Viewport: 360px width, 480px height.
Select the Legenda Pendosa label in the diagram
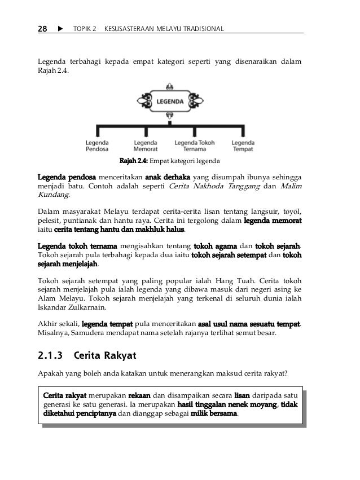point(97,146)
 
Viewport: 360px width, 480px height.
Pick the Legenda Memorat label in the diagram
point(145,146)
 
